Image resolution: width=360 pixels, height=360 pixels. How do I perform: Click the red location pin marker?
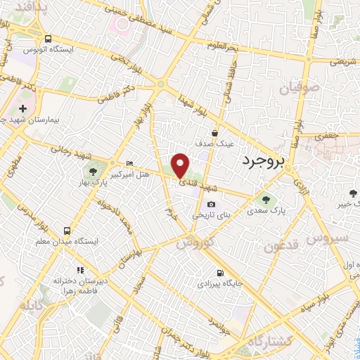coord(181,165)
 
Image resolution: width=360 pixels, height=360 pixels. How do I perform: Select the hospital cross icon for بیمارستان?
coord(23,108)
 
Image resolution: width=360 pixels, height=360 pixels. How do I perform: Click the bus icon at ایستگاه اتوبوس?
coord(48,39)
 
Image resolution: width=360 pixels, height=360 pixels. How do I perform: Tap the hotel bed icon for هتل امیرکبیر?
coord(127,163)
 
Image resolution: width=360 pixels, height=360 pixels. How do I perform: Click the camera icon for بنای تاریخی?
coord(211,204)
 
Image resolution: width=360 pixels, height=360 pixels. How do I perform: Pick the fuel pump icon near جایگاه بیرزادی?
coord(221,273)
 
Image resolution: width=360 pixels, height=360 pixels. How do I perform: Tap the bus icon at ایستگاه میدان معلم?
coord(67,230)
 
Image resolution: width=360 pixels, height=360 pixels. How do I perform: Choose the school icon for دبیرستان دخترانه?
coord(81,269)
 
